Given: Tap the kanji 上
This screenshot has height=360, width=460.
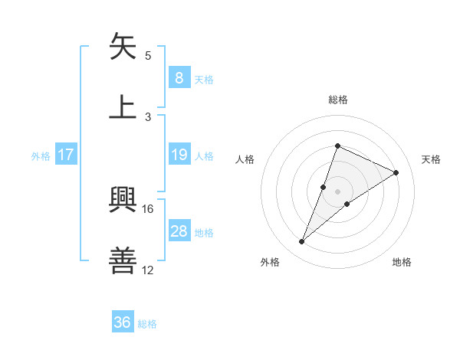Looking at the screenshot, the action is (x=123, y=106).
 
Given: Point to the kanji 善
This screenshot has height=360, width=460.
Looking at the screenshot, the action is (x=123, y=260).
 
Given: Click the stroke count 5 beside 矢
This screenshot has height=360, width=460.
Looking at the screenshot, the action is (x=148, y=56).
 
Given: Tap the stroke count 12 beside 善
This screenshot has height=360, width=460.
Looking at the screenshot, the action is (x=148, y=270).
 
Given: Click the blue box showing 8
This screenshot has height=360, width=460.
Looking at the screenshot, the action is (x=179, y=77).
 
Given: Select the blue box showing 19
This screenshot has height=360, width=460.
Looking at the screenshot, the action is (x=179, y=155).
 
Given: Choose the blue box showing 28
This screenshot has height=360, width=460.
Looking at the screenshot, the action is (x=179, y=231).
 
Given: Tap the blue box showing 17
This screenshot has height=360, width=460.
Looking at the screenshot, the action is (x=66, y=155).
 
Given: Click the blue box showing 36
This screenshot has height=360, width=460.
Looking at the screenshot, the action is (x=122, y=322).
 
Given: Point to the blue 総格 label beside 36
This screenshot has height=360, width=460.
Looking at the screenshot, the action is (x=147, y=324).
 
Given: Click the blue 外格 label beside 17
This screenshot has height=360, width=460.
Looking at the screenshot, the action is (x=41, y=156).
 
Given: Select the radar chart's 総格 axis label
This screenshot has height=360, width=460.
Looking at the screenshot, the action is (x=337, y=100).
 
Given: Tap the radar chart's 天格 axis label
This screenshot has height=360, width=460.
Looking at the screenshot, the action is (x=432, y=159).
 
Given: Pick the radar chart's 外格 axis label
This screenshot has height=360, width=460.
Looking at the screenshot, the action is (x=270, y=263).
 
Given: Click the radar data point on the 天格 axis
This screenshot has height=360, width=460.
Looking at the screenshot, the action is (x=396, y=172).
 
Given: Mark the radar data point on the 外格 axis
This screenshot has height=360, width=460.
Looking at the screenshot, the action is (x=302, y=242).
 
